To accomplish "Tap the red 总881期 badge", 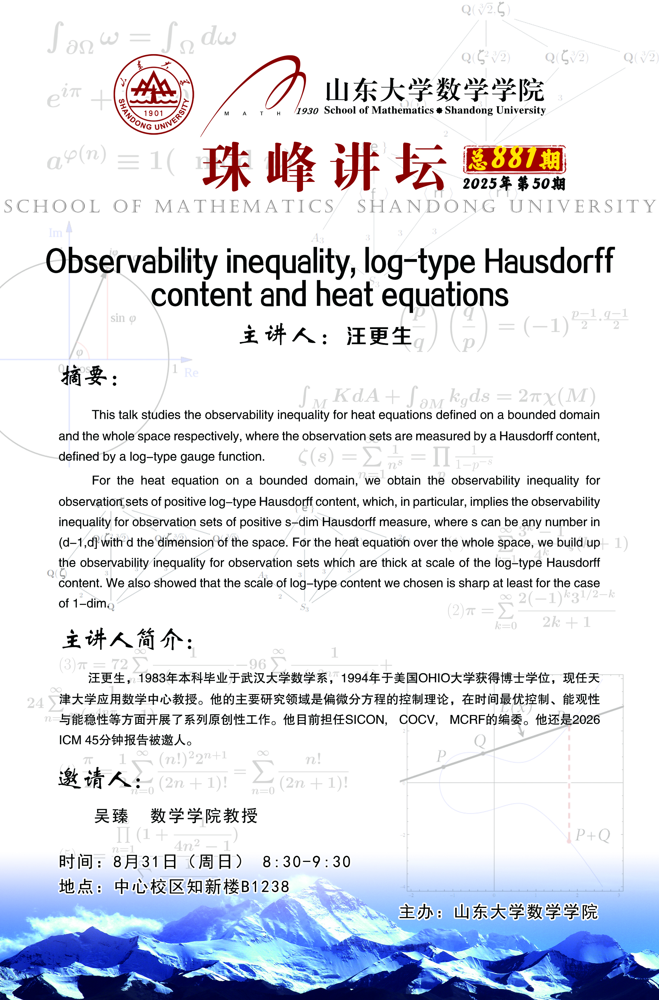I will pos(514,159).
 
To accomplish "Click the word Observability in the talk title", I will pos(132,262).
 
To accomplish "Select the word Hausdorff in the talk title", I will pos(549,262).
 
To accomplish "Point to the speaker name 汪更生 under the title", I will pos(379,336).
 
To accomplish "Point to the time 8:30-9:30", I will pos(306,862).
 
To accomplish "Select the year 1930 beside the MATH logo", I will pos(307,111).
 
